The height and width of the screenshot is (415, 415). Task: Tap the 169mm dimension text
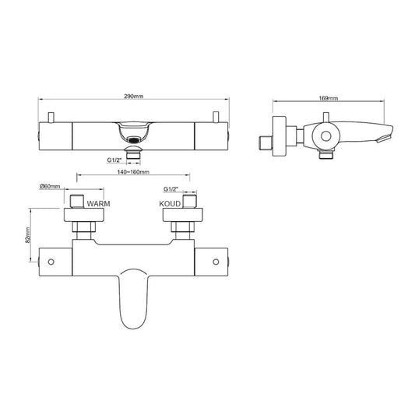tap(329, 100)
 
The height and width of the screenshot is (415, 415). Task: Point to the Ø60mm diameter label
tap(51, 187)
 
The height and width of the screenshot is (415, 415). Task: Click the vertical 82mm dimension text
tap(27, 234)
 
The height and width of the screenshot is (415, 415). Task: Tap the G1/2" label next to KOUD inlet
tap(172, 188)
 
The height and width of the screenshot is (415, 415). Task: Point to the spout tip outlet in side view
tap(382, 139)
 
